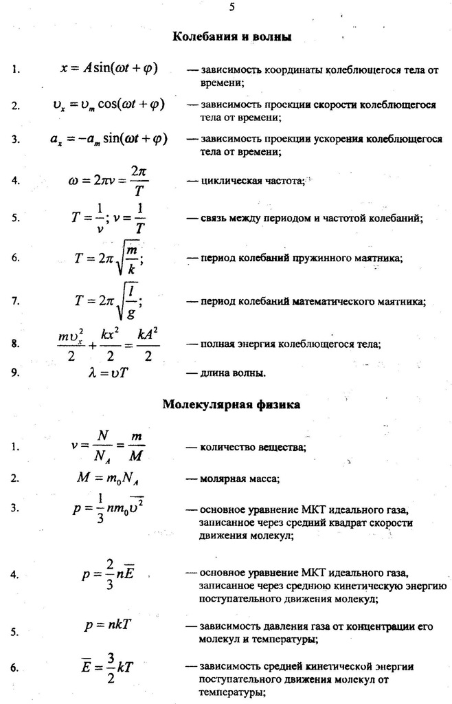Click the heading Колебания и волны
(231, 36)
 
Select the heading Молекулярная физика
(231, 405)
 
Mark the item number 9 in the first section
(15, 373)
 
